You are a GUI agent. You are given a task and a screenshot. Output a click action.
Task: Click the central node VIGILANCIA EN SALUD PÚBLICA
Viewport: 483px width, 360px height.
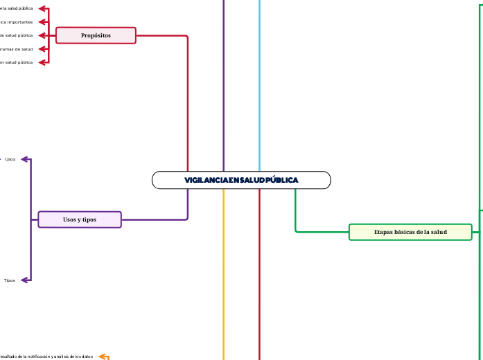pos(241,180)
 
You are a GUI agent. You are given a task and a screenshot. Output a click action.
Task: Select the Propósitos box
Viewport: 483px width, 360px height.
pos(96,35)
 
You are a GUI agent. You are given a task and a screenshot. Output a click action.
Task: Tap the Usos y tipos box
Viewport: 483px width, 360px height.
pos(80,219)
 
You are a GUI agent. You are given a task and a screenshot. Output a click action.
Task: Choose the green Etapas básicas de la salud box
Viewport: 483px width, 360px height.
pos(410,232)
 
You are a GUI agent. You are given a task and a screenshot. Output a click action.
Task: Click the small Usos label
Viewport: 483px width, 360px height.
pos(10,159)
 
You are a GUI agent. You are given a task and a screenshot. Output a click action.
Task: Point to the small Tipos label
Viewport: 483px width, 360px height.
pos(10,280)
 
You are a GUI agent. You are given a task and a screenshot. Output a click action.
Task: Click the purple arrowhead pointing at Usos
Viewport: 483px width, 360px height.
pos(25,159)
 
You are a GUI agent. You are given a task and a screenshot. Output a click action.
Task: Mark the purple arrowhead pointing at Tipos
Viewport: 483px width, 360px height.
pos(25,280)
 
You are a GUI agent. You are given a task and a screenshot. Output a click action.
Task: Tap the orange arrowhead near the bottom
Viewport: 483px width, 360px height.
pos(103,357)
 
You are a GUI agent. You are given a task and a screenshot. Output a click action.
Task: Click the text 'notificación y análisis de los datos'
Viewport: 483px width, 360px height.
pos(55,357)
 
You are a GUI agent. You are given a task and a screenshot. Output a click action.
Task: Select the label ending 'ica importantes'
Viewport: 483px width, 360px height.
pos(17,21)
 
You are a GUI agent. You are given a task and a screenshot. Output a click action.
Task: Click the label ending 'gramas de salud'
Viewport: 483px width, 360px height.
pos(17,49)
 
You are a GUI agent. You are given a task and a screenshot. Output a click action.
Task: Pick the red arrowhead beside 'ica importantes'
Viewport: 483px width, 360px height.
pos(42,21)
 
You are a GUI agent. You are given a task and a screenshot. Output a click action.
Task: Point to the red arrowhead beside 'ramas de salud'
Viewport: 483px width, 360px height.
pos(42,49)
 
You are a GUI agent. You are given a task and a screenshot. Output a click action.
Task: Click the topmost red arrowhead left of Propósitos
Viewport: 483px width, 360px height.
pos(42,8)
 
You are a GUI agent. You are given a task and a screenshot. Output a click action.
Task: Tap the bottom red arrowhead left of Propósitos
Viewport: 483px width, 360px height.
pos(42,62)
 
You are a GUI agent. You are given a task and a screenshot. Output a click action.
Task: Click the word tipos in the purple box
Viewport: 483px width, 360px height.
pos(89,219)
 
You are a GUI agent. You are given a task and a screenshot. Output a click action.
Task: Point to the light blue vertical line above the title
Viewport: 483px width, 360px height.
pos(260,83)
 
